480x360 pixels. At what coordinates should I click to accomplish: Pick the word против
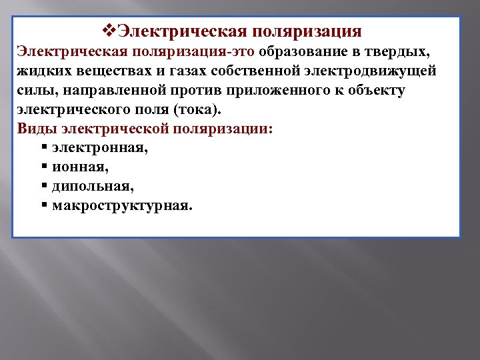(202, 91)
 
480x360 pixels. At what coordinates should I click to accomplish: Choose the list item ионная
(79, 167)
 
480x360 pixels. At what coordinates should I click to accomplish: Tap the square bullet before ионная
(43, 167)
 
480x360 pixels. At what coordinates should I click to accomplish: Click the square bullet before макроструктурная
(43, 206)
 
